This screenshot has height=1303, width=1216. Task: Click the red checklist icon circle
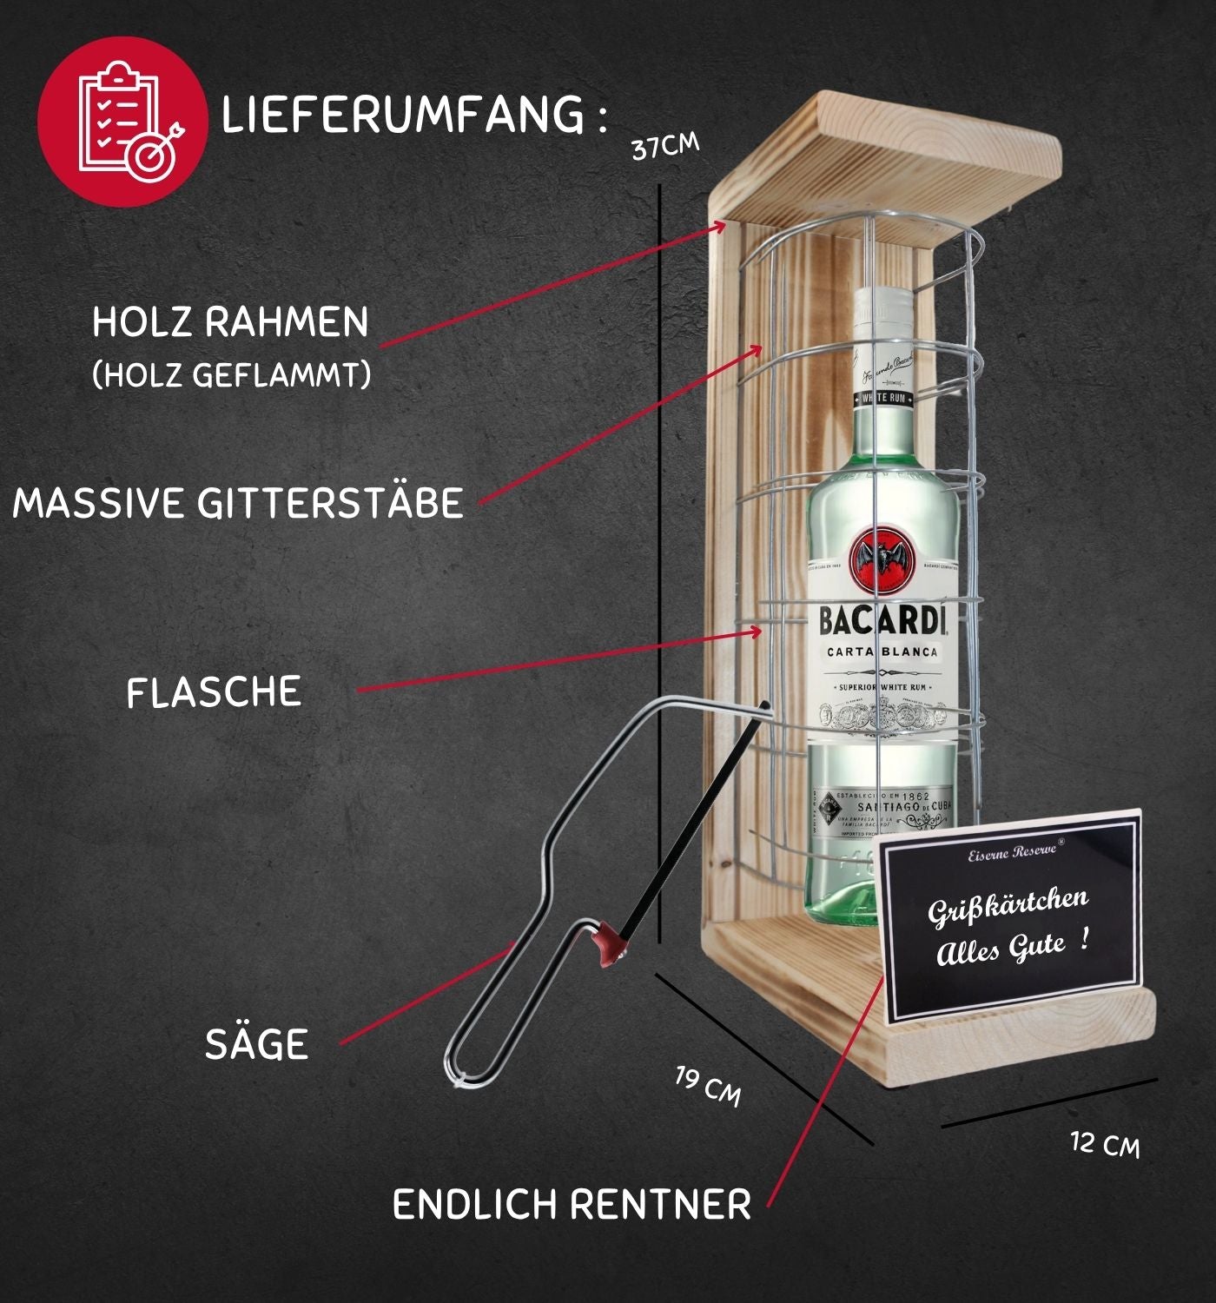[122, 121]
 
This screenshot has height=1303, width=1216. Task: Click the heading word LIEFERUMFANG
[403, 115]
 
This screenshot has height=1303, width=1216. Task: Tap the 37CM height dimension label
[664, 146]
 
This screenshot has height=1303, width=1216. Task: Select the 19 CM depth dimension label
[709, 1087]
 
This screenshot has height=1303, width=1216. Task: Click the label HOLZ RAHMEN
[230, 322]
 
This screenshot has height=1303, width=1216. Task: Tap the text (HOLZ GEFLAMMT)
[231, 375]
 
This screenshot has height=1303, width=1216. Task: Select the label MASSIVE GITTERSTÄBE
[238, 503]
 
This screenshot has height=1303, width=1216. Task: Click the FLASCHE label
[214, 692]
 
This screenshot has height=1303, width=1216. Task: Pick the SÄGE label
[256, 1043]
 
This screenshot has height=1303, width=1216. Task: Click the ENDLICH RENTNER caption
[572, 1205]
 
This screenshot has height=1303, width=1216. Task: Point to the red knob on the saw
[609, 943]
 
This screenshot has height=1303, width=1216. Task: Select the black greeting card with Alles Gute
[1011, 916]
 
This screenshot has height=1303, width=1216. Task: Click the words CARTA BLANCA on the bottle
[882, 652]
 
